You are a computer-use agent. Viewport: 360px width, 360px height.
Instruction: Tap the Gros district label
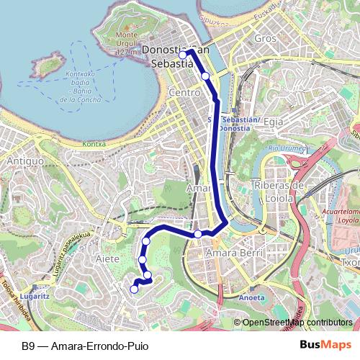(x=266, y=37)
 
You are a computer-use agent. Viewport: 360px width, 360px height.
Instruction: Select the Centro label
(x=184, y=94)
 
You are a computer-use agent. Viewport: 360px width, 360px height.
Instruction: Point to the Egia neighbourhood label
(x=274, y=122)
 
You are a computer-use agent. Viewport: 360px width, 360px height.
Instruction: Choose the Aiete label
(x=107, y=258)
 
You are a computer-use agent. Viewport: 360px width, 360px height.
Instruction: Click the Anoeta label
(x=251, y=297)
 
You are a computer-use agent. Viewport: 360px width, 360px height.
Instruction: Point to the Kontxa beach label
(x=94, y=144)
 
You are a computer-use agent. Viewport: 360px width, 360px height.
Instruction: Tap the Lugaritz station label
(x=35, y=295)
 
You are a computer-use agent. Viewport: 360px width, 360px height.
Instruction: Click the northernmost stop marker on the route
(x=183, y=54)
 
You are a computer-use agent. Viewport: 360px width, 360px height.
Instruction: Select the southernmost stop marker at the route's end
(x=134, y=289)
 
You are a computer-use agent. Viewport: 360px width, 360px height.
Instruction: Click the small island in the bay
(x=49, y=67)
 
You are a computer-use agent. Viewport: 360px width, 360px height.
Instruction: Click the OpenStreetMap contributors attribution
(x=297, y=323)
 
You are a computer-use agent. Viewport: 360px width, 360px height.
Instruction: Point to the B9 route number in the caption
(x=28, y=346)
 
